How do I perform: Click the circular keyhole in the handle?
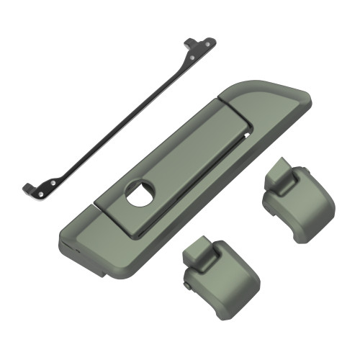[x=140, y=192]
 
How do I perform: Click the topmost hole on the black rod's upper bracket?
[x=209, y=42]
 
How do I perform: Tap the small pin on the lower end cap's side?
[x=187, y=287]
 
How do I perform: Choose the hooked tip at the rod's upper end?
[x=188, y=41]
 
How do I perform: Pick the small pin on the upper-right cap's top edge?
[x=305, y=169]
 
